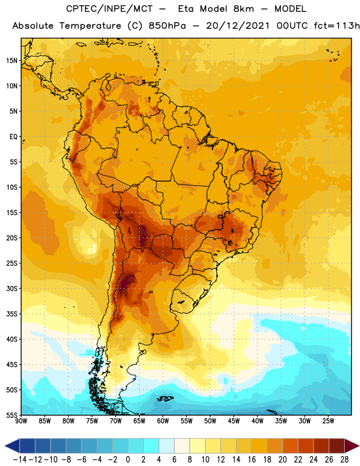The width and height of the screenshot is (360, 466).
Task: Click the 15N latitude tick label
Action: (12, 61)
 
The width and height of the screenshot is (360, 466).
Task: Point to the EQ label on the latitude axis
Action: (13, 137)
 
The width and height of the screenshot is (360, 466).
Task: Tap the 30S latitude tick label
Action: (12, 288)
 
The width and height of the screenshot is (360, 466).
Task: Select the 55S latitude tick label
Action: (12, 415)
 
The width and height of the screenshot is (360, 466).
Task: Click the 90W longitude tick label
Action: (21, 421)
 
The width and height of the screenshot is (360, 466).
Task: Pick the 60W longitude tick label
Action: (163, 421)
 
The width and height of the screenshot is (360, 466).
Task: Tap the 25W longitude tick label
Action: (328, 421)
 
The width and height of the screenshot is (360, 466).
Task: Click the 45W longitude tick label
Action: (234, 421)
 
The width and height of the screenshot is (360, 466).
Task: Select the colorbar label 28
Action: (344, 460)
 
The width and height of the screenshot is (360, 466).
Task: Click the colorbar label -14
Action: (20, 460)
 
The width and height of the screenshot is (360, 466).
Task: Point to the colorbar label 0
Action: (128, 460)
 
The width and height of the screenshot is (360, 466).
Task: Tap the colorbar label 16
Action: (252, 460)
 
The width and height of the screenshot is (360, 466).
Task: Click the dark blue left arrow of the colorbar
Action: (12, 446)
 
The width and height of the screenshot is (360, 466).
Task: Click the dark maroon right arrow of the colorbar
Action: (352, 446)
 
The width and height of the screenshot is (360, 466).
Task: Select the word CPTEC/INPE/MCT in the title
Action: (110, 9)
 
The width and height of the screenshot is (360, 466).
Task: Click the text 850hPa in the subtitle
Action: (167, 26)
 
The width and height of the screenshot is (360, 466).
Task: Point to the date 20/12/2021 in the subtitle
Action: (238, 26)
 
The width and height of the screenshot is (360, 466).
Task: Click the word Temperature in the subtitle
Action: (90, 26)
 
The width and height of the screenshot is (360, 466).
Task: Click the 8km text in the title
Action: (243, 9)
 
